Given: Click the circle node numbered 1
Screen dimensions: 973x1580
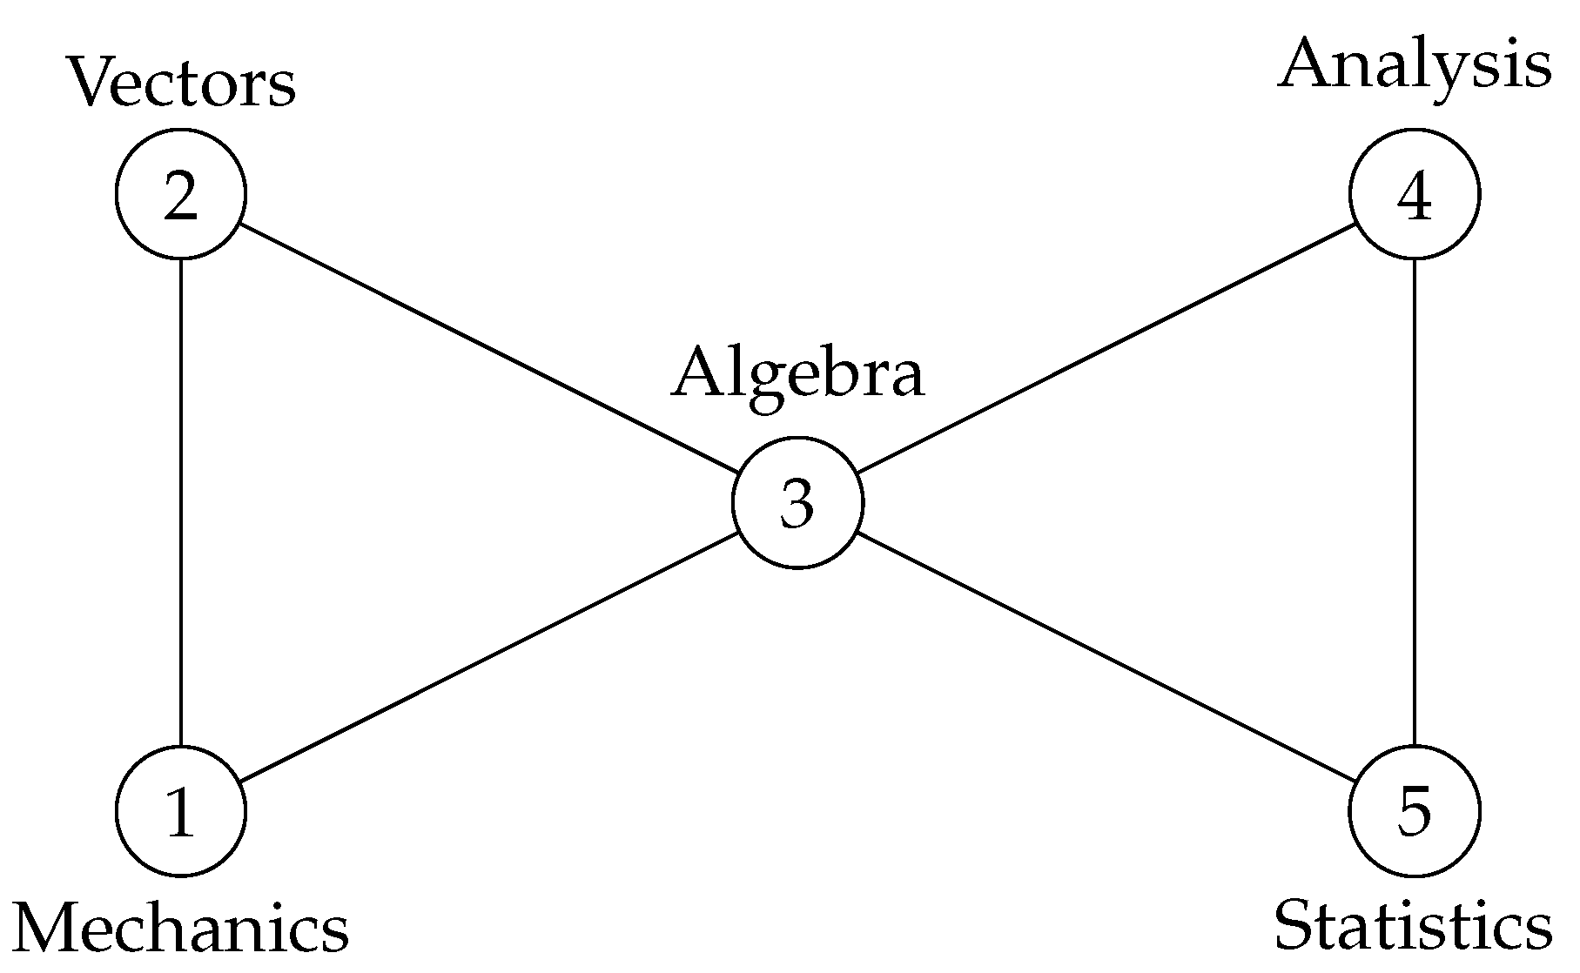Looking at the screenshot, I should (x=181, y=811).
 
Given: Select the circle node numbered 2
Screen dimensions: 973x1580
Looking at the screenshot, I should (x=181, y=194).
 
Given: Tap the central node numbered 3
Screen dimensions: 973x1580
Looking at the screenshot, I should (x=797, y=503).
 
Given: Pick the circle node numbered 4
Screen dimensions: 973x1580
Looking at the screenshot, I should (x=1415, y=194).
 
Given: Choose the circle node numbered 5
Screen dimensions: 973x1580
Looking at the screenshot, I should (x=1415, y=811).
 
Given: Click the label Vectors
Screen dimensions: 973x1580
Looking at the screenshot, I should (x=181, y=84).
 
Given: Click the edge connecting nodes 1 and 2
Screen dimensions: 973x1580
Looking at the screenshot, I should (x=180, y=503).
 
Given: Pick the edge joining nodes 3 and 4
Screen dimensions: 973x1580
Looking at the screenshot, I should (x=1106, y=349).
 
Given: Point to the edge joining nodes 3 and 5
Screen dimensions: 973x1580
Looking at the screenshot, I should (x=1106, y=657).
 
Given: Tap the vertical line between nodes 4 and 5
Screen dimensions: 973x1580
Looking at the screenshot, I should (x=1415, y=503).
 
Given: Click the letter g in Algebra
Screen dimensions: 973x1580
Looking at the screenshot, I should (x=759, y=383).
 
